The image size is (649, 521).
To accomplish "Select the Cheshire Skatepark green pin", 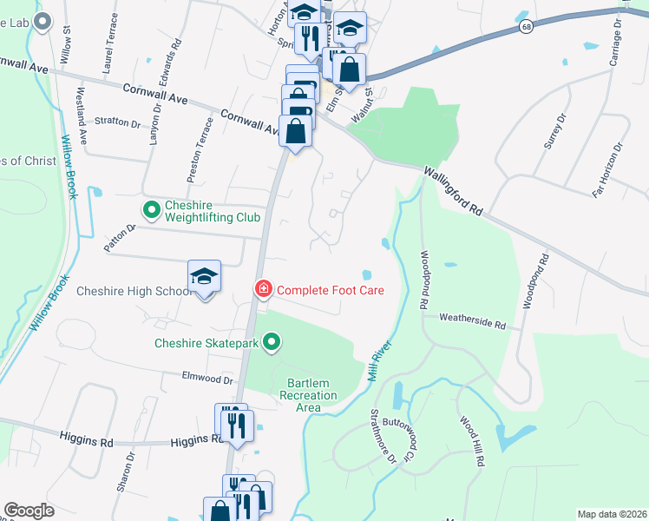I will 272,343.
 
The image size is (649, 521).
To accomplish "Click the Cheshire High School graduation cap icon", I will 205,276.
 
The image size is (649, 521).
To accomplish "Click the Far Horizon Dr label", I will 608,169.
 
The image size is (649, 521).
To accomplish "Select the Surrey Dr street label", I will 555,131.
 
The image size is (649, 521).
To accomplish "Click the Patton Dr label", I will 121,238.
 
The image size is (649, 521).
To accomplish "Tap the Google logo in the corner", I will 29,511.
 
